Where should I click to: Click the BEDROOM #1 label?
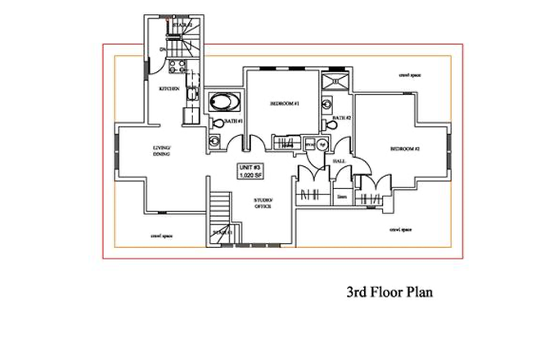[286, 104]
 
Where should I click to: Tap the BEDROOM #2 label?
[404, 149]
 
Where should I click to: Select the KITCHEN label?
[169, 88]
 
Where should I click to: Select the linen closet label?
[342, 196]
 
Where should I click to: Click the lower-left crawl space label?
[160, 237]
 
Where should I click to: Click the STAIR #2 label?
[181, 26]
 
